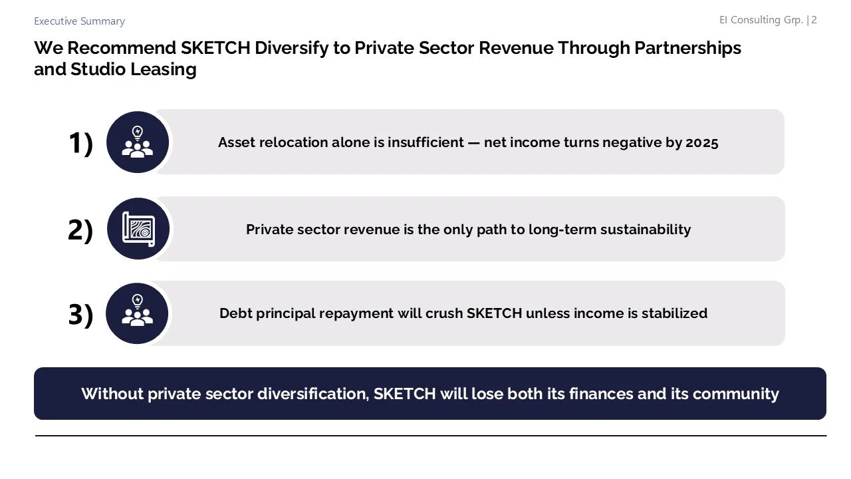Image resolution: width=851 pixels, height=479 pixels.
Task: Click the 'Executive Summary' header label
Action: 79,21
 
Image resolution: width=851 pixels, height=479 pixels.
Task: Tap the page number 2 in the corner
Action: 814,20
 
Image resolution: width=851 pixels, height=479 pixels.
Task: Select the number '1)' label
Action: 80,143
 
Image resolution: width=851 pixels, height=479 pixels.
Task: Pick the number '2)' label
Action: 80,230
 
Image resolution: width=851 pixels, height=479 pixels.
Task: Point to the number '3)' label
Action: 80,315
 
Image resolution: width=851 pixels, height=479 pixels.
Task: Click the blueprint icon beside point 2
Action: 138,229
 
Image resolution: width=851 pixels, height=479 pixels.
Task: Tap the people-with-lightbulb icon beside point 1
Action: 138,142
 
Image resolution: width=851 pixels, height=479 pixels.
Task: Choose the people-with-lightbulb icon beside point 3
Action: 138,313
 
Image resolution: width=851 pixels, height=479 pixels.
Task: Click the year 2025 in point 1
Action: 701,142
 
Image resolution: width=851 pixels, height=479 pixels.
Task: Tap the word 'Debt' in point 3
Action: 236,313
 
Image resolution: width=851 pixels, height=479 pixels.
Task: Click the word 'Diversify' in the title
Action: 291,48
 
